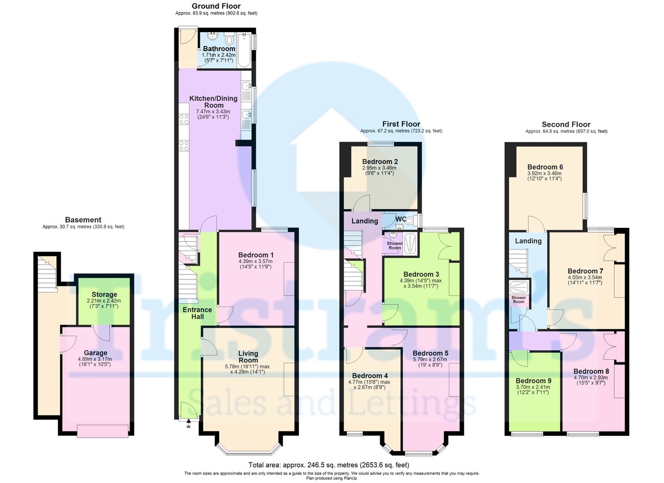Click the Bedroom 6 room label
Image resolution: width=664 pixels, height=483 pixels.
(x=545, y=167)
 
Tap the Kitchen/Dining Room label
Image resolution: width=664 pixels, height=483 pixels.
(x=214, y=102)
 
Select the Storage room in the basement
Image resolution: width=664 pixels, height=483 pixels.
(x=105, y=294)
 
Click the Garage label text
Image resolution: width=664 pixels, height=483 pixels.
(x=95, y=352)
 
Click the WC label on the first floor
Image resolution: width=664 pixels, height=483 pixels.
(x=401, y=220)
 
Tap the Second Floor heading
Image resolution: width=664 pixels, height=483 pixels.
(x=566, y=124)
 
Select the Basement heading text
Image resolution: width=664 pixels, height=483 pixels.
(x=84, y=220)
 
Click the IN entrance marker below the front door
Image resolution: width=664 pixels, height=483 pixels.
(x=188, y=427)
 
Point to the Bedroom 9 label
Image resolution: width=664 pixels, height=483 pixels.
(x=533, y=381)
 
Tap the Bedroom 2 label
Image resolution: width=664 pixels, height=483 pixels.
(x=380, y=162)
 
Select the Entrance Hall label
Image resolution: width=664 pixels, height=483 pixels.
(x=198, y=314)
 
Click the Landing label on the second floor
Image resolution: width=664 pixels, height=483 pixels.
(x=528, y=241)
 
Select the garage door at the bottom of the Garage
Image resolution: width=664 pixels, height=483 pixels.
(x=102, y=430)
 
